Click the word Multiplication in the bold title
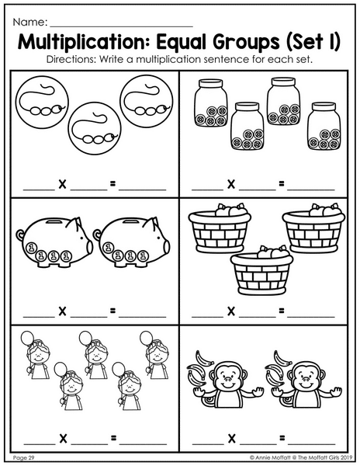click(x=85, y=43)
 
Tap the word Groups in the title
click(x=246, y=43)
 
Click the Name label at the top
click(x=30, y=22)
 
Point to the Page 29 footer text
click(x=24, y=457)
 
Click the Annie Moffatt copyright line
click(x=301, y=457)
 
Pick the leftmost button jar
click(x=210, y=103)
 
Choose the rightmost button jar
click(x=324, y=127)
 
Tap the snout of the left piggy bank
click(x=89, y=247)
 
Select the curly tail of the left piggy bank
click(x=20, y=235)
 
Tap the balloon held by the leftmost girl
click(x=27, y=339)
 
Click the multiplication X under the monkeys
click(x=231, y=438)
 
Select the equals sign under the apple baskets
click(x=282, y=311)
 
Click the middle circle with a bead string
click(x=95, y=129)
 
